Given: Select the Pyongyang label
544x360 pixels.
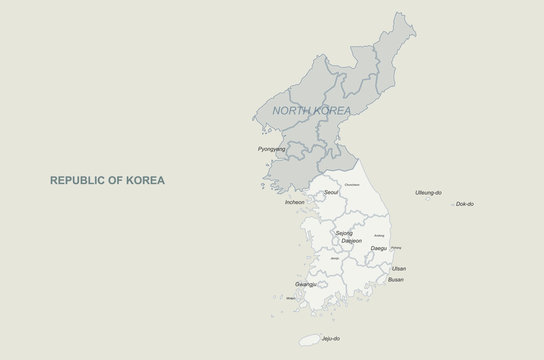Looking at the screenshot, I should click(272, 148).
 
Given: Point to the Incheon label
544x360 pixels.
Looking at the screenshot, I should click(295, 202).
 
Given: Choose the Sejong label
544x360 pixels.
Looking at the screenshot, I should click(344, 233).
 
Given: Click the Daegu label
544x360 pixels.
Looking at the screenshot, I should click(379, 246).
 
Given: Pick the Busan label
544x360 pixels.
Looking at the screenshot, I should click(396, 280).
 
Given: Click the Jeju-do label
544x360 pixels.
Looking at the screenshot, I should click(344, 339).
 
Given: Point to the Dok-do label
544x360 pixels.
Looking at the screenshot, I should click(464, 204).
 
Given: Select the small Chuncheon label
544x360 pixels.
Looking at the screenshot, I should click(352, 186).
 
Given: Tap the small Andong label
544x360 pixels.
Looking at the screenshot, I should click(379, 235).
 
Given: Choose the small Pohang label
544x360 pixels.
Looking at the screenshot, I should click(397, 247).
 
